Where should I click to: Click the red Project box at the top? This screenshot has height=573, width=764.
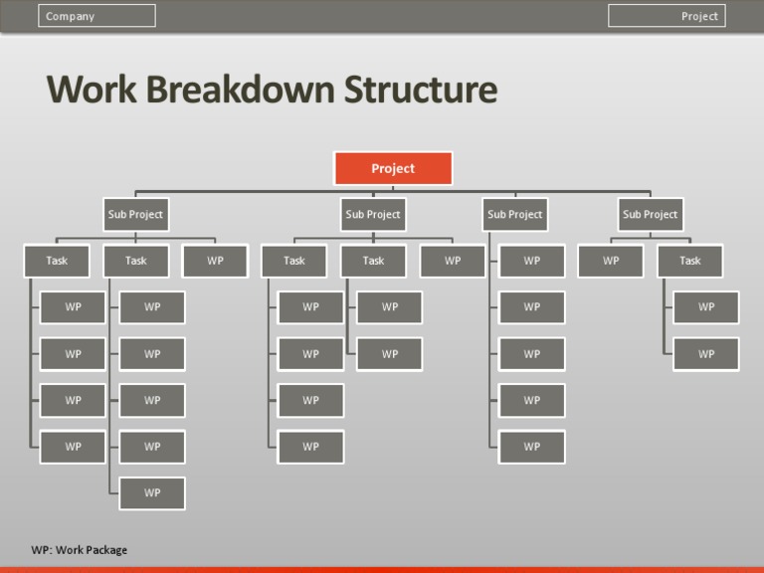point(392,168)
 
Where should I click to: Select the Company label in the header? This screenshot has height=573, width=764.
point(96,16)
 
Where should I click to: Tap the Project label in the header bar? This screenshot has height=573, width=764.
point(667,16)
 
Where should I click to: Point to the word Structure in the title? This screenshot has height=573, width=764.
point(421,90)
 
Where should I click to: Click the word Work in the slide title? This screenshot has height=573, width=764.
point(93,90)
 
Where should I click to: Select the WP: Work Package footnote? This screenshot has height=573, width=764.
point(80,550)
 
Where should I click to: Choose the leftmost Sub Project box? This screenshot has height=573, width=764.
point(135,214)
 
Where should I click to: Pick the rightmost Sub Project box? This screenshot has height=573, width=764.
point(650,214)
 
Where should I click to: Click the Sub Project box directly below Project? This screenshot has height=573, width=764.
point(373,214)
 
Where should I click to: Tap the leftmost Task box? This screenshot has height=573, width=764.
point(57,261)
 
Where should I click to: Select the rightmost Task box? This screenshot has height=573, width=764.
point(689,261)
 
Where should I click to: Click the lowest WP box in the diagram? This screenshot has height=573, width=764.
point(152,492)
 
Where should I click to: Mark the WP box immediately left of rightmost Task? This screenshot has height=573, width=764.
point(611,261)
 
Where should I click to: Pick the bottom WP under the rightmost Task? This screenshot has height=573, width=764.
point(705,353)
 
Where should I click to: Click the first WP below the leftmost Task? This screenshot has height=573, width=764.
point(73,307)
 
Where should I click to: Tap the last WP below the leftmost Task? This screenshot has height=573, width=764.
point(73,447)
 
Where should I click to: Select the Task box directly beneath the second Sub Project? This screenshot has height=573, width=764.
point(373,261)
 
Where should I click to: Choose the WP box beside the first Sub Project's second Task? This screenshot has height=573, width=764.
point(215,261)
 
